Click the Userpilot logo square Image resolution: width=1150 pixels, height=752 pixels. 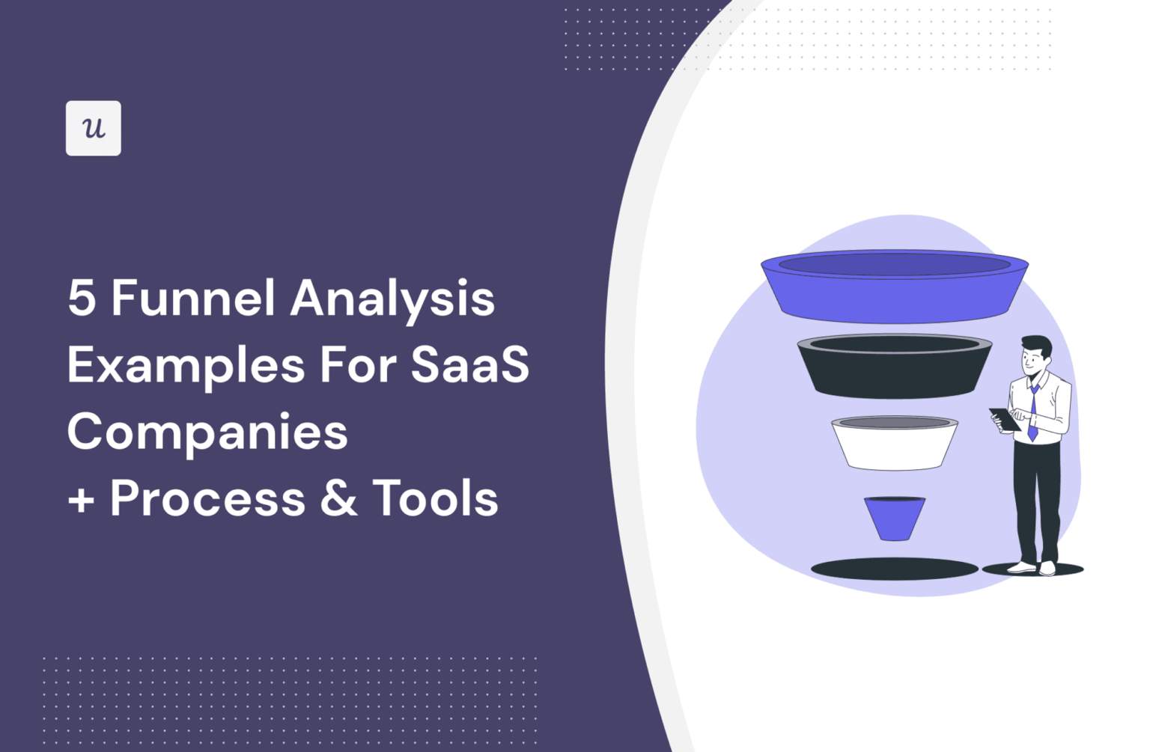pyautogui.click(x=94, y=128)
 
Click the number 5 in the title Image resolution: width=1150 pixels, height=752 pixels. pyautogui.click(x=82, y=299)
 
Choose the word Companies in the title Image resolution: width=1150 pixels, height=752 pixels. pyautogui.click(x=207, y=433)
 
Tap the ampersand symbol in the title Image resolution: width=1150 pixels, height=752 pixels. pyautogui.click(x=338, y=499)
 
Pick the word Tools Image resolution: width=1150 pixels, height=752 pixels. pyautogui.click(x=435, y=499)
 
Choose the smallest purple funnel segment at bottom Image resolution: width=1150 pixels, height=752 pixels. pyautogui.click(x=894, y=519)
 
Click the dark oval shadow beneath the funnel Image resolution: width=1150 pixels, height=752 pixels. pyautogui.click(x=894, y=569)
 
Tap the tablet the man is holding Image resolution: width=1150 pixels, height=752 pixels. pyautogui.click(x=1003, y=418)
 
